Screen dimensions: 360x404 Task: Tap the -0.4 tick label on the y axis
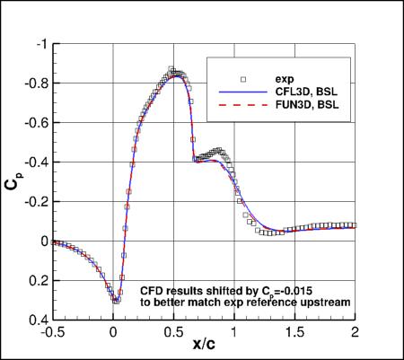coord(31,162)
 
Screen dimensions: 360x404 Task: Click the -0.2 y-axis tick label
coord(31,202)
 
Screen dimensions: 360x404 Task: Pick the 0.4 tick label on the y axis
coord(32,320)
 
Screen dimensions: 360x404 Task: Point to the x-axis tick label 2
coord(356,333)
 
